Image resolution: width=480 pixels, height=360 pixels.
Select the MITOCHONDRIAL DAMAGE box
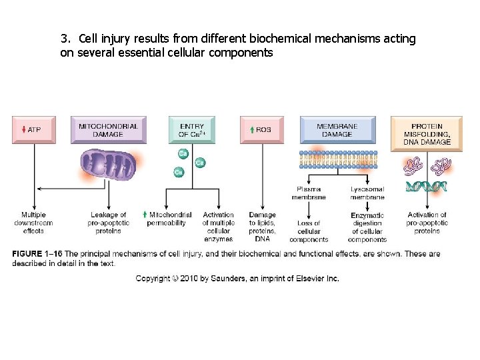point(108,130)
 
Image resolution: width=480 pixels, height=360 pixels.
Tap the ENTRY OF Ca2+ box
point(192,130)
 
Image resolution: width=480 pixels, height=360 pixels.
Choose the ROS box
point(262,129)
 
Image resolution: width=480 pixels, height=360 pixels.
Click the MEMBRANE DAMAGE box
point(337,130)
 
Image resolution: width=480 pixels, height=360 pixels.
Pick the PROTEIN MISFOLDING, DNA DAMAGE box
point(427,133)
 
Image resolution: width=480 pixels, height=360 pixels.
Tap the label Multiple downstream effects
point(33,223)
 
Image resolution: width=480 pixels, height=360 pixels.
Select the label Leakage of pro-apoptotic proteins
point(108,223)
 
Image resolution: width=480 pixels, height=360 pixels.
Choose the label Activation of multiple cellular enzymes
point(218,227)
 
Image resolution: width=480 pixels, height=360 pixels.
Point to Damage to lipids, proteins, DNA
point(262,227)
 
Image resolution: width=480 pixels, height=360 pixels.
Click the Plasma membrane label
point(309,193)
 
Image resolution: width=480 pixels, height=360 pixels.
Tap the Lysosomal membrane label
point(367,193)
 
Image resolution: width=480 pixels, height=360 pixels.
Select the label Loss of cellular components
point(309,231)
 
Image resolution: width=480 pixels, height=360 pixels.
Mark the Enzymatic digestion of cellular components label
point(367,227)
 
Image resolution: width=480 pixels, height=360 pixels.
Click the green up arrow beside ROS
point(251,129)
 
